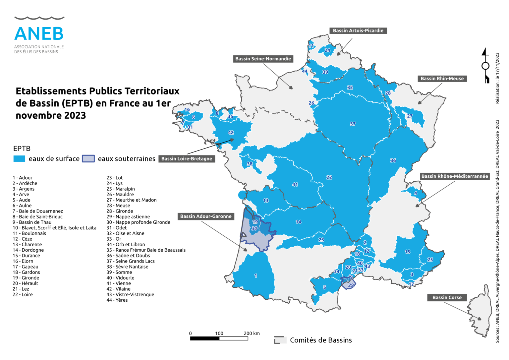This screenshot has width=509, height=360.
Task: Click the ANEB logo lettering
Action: click(39, 33)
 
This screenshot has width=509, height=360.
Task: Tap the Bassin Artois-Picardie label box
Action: click(358, 30)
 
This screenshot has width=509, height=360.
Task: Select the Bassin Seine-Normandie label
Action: click(263, 59)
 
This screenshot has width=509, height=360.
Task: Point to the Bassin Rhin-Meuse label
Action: click(442, 79)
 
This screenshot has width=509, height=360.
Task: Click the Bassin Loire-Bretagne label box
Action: click(187, 159)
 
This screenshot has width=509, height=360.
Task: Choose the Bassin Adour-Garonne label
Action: click(206, 216)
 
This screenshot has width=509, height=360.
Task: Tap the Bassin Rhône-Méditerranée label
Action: click(455, 176)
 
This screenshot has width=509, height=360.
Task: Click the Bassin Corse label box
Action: click(447, 297)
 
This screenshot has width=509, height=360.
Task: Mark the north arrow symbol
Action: click(485, 65)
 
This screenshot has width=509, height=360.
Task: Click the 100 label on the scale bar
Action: click(219, 333)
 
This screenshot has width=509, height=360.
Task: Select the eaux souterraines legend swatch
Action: click(88, 159)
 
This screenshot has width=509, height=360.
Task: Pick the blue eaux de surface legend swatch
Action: click(19, 159)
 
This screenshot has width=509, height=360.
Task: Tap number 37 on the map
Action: click(353, 124)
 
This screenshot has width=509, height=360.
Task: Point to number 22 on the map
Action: click(329, 177)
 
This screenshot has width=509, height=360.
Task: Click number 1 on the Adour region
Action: click(255, 275)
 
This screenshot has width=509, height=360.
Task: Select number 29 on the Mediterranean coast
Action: click(351, 285)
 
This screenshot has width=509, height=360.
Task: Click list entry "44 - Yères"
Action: click(117, 300)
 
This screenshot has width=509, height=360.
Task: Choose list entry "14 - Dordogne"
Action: click(28, 250)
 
